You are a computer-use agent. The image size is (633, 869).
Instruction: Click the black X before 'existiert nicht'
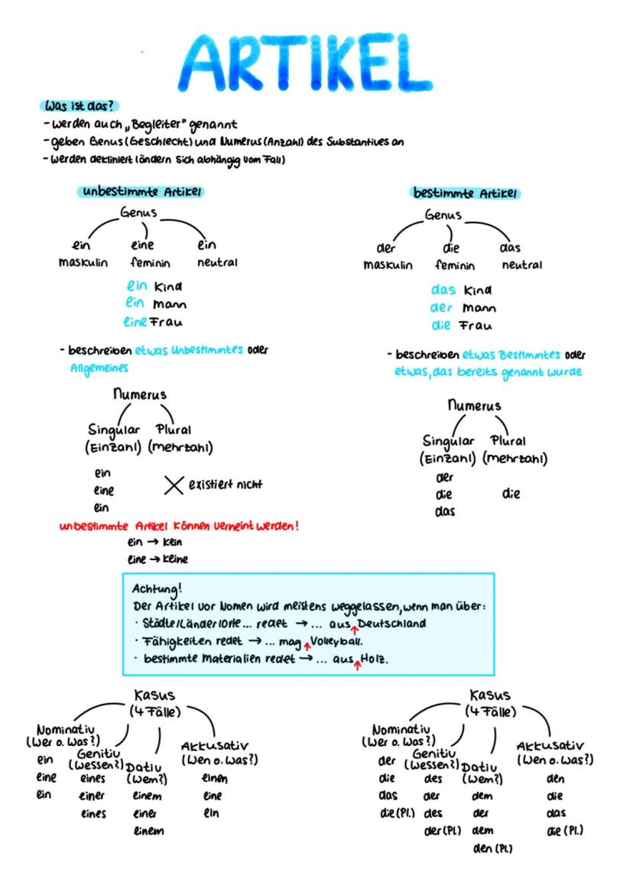[x=173, y=485]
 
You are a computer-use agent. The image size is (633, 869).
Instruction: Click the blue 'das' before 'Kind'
[x=443, y=291]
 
